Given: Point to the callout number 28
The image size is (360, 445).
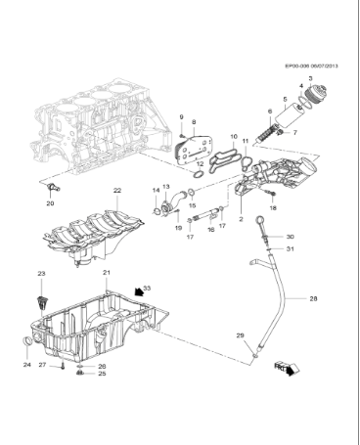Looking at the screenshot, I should (313, 297).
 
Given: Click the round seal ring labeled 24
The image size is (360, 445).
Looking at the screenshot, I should (26, 340).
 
